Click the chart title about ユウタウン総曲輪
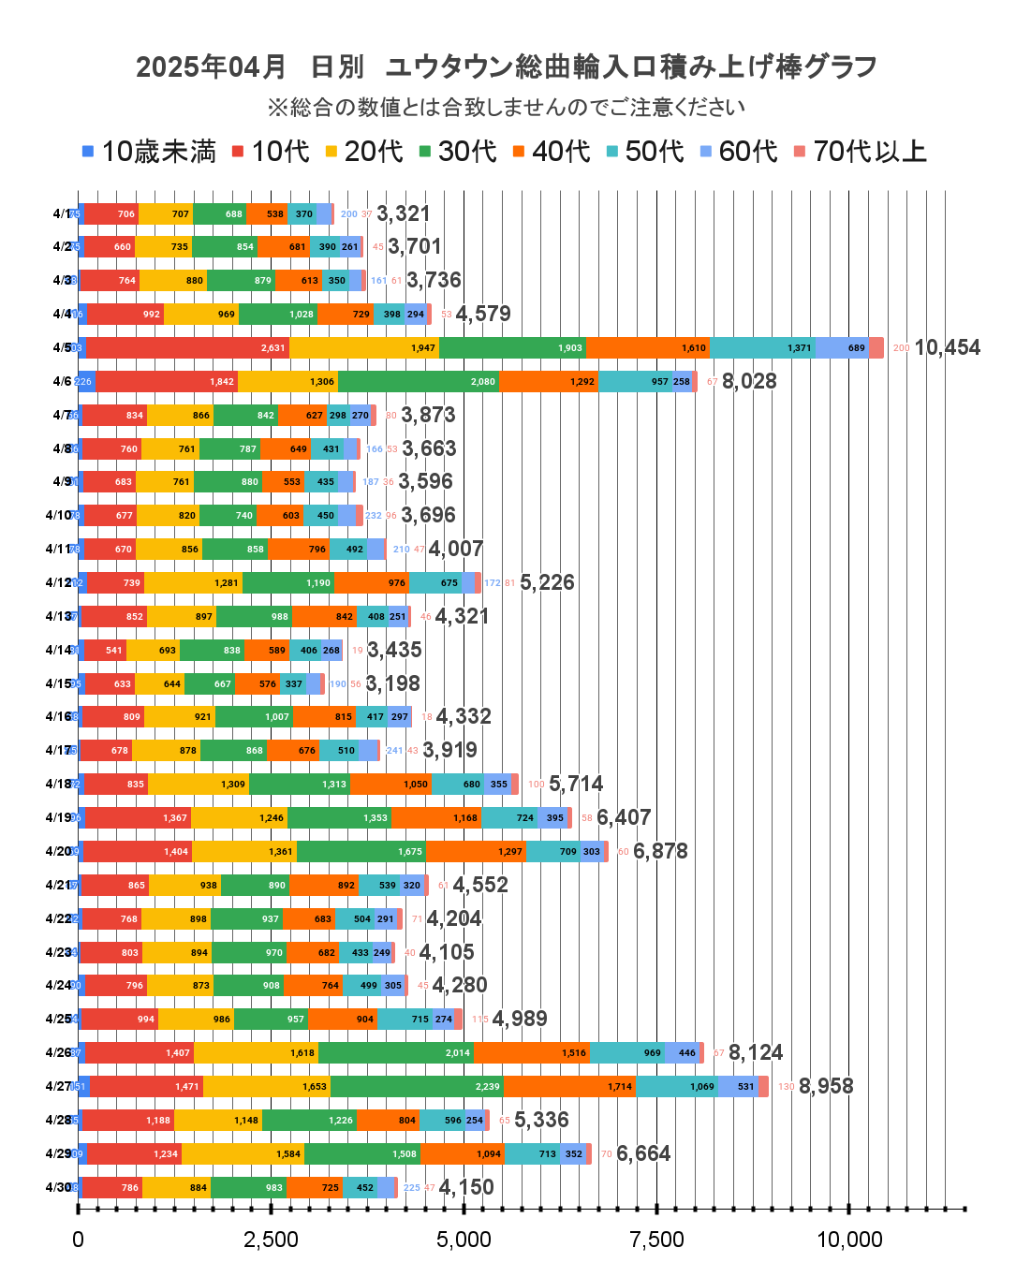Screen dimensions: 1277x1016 (x=507, y=67)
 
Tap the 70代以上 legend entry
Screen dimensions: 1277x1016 (x=861, y=152)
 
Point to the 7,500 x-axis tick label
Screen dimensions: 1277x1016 (x=656, y=1240)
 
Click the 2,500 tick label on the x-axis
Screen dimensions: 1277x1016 (x=271, y=1240)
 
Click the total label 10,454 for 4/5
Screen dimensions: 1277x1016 (x=947, y=347)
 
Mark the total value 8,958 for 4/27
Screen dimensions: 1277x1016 (x=826, y=1086)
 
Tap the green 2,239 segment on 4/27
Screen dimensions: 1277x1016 (x=417, y=1086)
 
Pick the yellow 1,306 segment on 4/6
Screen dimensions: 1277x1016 (x=287, y=381)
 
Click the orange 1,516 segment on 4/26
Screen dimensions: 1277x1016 (x=531, y=1052)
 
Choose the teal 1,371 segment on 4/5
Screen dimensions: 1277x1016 (x=762, y=347)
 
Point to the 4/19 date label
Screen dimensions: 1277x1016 (x=58, y=817)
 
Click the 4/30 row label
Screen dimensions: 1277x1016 (x=58, y=1187)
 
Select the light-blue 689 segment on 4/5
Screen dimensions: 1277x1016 (x=842, y=347)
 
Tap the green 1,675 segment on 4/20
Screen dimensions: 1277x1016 (x=361, y=851)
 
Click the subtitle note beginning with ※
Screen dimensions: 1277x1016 (x=507, y=108)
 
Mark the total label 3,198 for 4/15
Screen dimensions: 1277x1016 (x=393, y=683)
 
